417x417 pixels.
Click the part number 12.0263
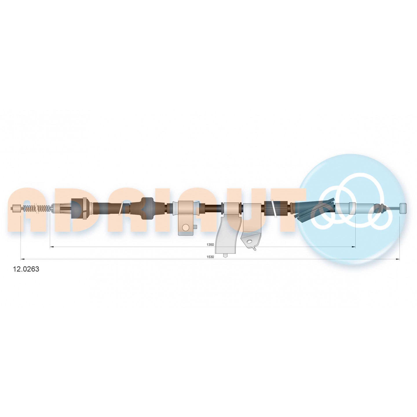26,269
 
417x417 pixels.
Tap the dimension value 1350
210,244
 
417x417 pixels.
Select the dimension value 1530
210,257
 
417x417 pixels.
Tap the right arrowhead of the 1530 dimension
398,259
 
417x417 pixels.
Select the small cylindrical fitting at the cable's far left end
16,208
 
